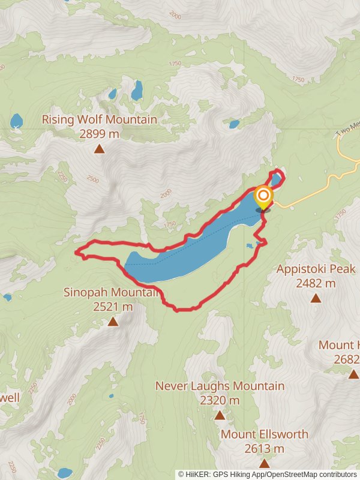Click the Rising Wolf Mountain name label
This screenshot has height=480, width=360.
pyautogui.click(x=99, y=119)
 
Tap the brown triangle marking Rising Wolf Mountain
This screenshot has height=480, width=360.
pyautogui.click(x=99, y=149)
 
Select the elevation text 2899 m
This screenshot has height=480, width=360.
pyautogui.click(x=99, y=134)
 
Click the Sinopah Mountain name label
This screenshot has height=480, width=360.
pyautogui.click(x=113, y=293)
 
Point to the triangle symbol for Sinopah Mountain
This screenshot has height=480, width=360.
pyautogui.click(x=113, y=322)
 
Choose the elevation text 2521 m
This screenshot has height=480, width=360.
pyautogui.click(x=113, y=307)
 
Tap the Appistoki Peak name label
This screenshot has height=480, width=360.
pyautogui.click(x=316, y=269)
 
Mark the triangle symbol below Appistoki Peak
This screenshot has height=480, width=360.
pyautogui.click(x=316, y=298)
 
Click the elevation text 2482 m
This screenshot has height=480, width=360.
pyautogui.click(x=316, y=283)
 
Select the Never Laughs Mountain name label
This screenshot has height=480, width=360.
pyautogui.click(x=220, y=386)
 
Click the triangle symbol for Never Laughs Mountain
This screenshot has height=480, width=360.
pyautogui.click(x=220, y=415)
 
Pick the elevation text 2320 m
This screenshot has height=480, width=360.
pyautogui.click(x=220, y=400)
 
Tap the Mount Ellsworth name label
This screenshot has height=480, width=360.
pyautogui.click(x=265, y=434)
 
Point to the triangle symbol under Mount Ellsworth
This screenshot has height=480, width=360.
pyautogui.click(x=265, y=463)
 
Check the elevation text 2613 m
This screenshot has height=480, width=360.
pyautogui.click(x=265, y=448)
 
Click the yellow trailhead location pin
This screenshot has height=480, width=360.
pyautogui.click(x=263, y=196)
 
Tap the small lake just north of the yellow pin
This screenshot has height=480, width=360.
pyautogui.click(x=275, y=179)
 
